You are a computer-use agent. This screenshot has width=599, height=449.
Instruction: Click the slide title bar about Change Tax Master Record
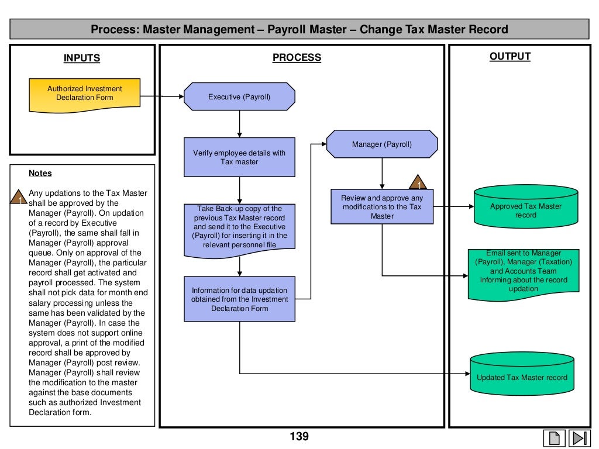tap(299, 29)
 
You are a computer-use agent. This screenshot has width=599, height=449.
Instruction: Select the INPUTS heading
tap(82, 58)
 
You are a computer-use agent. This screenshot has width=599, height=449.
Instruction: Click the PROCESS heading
tap(297, 57)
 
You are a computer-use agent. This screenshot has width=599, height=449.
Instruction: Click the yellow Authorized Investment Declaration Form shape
tap(85, 94)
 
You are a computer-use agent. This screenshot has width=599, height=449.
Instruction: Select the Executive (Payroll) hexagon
tap(239, 96)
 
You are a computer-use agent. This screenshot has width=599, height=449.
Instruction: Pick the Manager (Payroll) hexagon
tap(381, 144)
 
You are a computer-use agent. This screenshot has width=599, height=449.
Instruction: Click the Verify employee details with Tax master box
tap(239, 157)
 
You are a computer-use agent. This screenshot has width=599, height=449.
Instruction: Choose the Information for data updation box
tap(239, 299)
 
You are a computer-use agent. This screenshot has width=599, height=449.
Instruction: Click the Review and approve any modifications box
tap(382, 206)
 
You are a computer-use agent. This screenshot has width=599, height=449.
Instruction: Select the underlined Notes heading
tap(40, 173)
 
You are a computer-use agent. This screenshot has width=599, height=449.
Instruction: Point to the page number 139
tap(299, 436)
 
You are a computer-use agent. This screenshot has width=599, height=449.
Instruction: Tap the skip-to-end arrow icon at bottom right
tap(579, 438)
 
